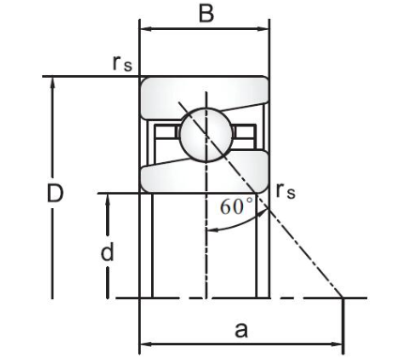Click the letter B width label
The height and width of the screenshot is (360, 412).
206,13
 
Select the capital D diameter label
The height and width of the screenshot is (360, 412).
54,193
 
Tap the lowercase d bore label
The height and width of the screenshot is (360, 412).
107,252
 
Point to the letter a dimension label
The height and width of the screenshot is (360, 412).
241,330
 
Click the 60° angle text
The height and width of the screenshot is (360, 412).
237,206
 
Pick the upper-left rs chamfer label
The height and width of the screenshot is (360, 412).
122,63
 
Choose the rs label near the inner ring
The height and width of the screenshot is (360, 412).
285,191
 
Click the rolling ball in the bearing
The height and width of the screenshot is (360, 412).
206,135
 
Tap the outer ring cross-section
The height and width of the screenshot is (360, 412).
205,93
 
